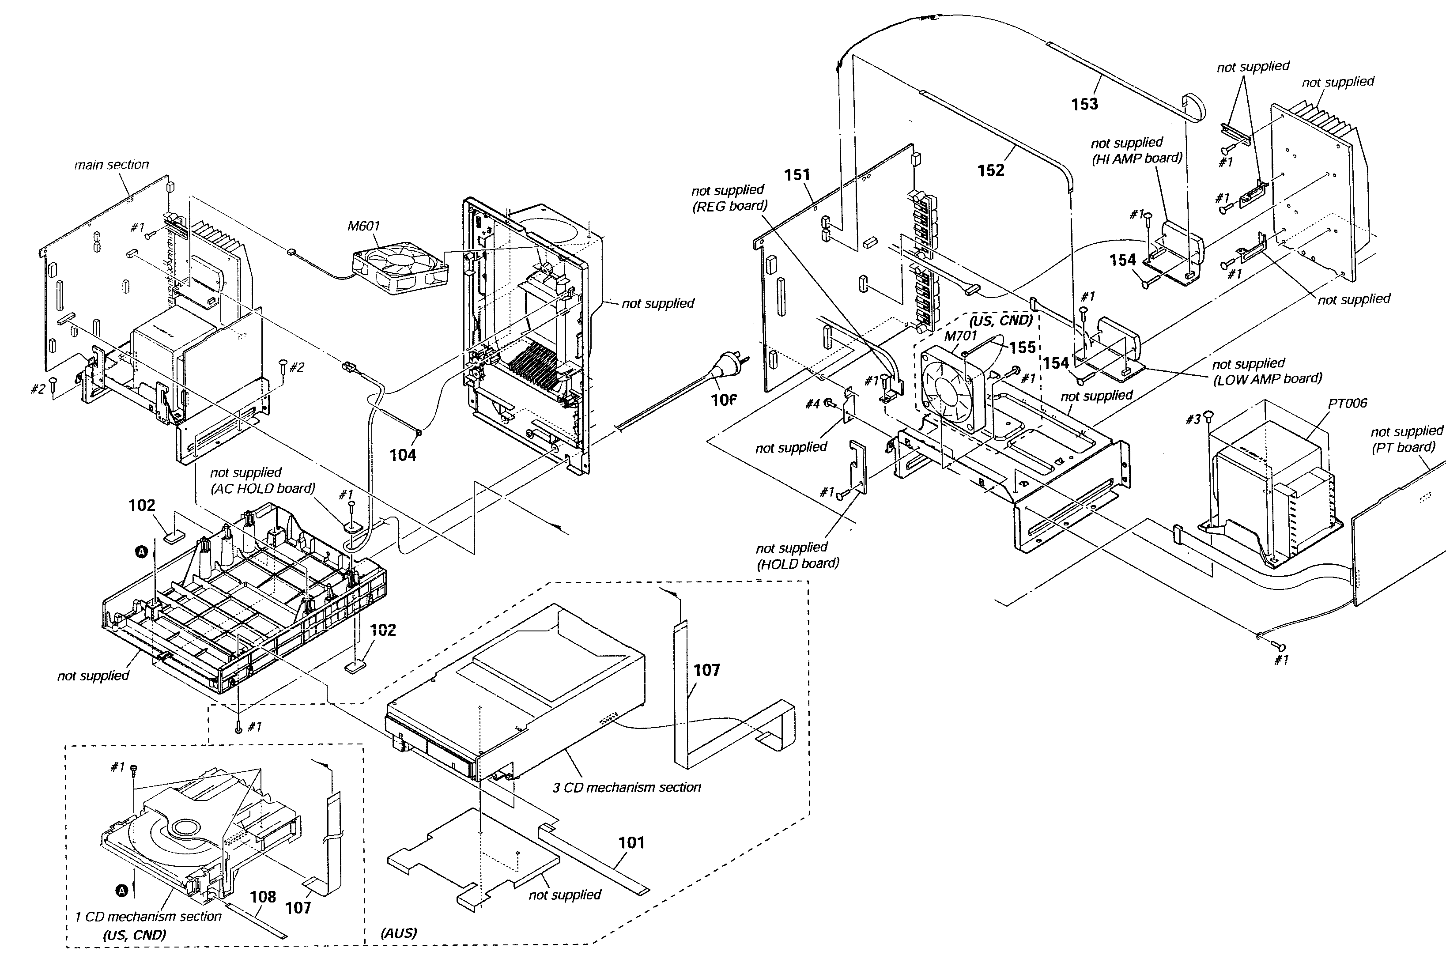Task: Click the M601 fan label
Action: pos(363,226)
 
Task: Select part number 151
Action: pos(797,175)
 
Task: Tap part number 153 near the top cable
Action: pos(1084,104)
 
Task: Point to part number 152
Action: pos(991,170)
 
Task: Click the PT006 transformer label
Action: pos(1347,403)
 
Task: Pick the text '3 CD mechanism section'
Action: pos(627,788)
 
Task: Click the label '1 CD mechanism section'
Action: pos(148,916)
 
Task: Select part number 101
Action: pos(632,843)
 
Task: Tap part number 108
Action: pos(263,897)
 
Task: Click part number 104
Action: pos(403,455)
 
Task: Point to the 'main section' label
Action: pos(112,165)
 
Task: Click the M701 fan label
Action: pos(960,336)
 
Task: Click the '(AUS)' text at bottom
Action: pos(399,933)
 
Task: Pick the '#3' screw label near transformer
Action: pos(1193,420)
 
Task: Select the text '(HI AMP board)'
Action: pos(1136,159)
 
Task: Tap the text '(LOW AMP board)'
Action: pos(1267,378)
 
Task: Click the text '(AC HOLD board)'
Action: pos(263,488)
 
